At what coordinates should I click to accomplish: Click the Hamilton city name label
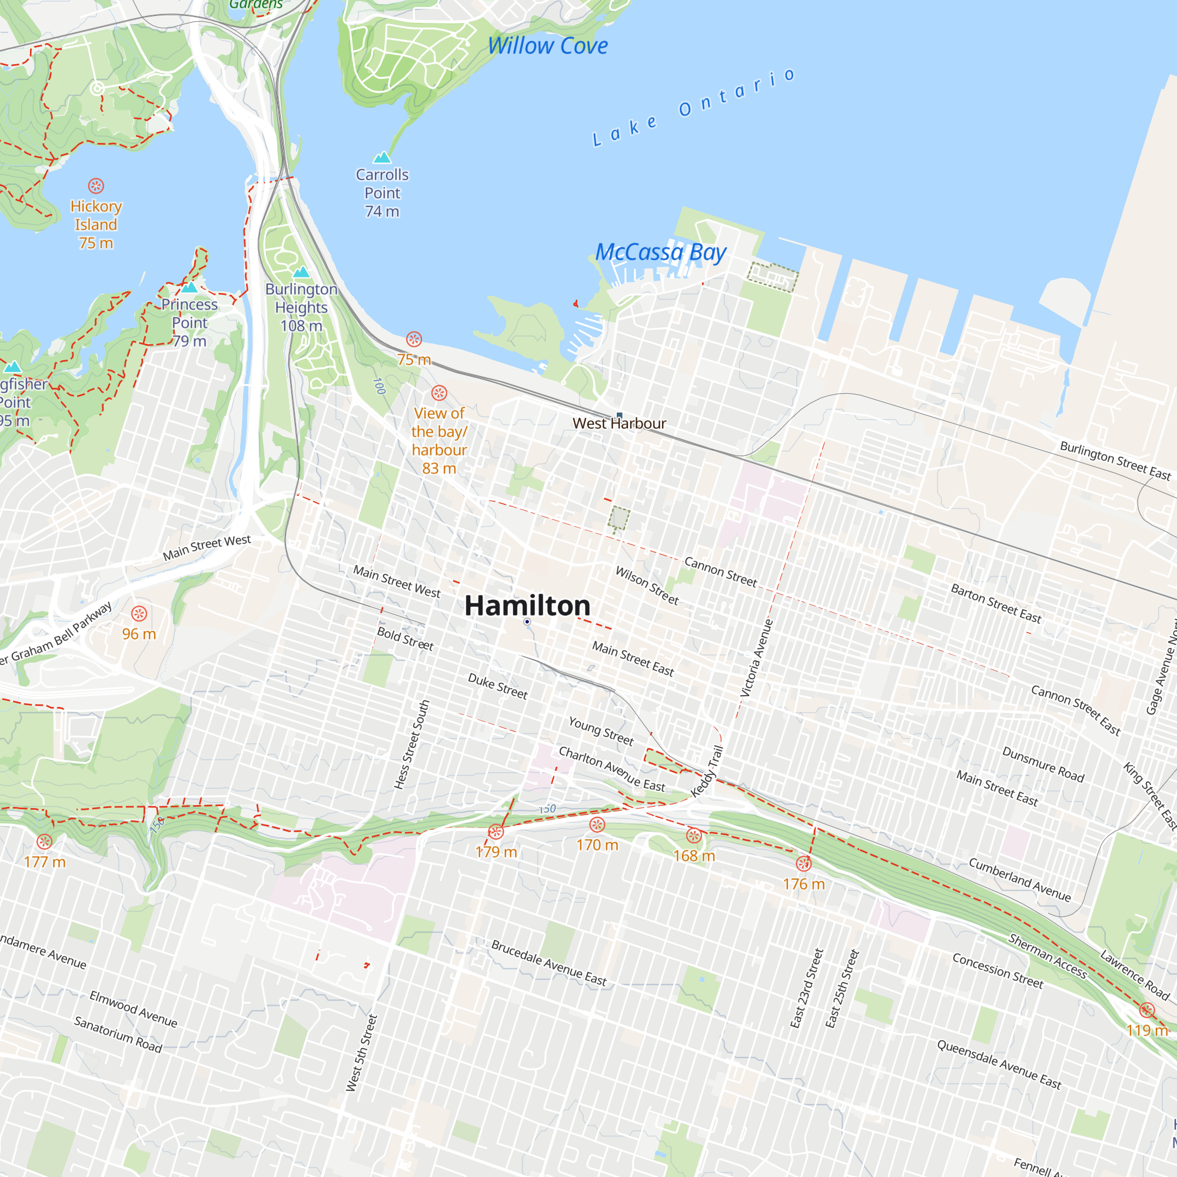tap(527, 606)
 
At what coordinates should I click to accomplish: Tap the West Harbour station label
tap(619, 423)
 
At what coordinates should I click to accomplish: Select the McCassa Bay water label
tap(660, 252)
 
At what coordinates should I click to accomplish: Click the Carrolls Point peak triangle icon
tap(382, 158)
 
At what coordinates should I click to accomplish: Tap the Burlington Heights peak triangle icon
tap(301, 272)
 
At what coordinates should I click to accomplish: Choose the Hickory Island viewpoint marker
tap(96, 186)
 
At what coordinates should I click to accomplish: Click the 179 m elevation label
tap(496, 852)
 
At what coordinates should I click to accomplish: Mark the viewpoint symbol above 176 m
tap(803, 863)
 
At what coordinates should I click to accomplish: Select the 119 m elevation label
tap(1146, 1030)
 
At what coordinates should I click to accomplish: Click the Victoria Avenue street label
tap(756, 658)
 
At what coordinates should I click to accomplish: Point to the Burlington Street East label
tap(1115, 461)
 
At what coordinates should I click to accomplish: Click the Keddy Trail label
tap(707, 772)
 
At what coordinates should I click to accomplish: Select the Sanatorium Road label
tap(118, 1035)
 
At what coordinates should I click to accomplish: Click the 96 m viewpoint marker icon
tap(139, 613)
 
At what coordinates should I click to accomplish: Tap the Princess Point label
tap(189, 322)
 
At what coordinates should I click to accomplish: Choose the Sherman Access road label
tap(1048, 956)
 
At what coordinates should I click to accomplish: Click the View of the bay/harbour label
tap(438, 440)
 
